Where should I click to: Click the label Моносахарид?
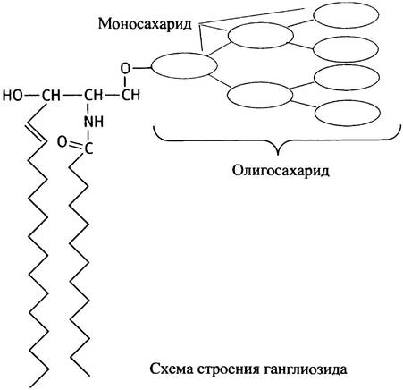[145, 23]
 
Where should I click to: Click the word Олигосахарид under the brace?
[281, 171]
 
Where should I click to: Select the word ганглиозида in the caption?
[306, 369]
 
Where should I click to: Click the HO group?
[13, 96]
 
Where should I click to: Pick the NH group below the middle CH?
[94, 122]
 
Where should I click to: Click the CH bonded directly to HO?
[51, 96]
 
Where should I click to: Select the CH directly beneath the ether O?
[130, 95]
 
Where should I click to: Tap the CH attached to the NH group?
[93, 95]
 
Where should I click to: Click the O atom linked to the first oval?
[125, 69]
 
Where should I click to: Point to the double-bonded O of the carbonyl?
[62, 142]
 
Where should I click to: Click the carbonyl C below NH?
[88, 148]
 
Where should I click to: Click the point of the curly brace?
[278, 155]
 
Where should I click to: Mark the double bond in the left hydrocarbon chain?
[37, 131]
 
